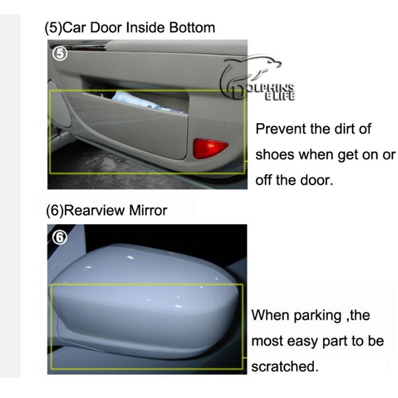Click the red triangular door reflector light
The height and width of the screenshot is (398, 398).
(x=209, y=148)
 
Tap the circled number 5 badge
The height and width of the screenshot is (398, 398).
(x=60, y=54)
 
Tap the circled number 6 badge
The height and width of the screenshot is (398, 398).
(x=60, y=238)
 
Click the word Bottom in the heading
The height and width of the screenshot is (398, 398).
(x=192, y=27)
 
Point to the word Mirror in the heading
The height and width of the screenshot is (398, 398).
(x=148, y=210)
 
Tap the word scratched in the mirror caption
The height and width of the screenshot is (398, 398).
(x=285, y=367)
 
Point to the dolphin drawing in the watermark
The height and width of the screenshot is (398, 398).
(x=251, y=69)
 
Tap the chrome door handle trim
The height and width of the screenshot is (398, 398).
(x=78, y=47)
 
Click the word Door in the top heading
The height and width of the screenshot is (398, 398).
(x=106, y=27)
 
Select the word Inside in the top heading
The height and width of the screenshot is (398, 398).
(x=146, y=27)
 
